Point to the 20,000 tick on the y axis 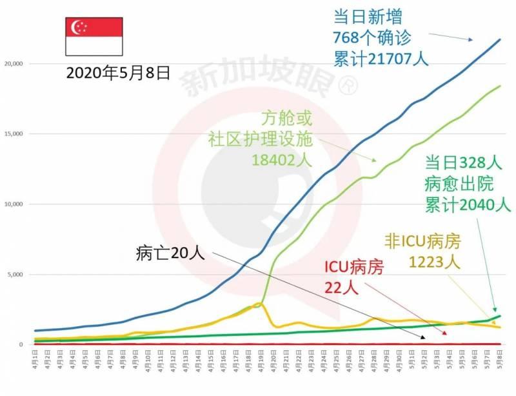pyautogui.click(x=13, y=64)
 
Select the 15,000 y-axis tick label pyautogui.click(x=13, y=134)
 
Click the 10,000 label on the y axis pyautogui.click(x=13, y=204)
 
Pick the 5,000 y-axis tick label pyautogui.click(x=14, y=275)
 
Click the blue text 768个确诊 pyautogui.click(x=373, y=37)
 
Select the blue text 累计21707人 pyautogui.click(x=381, y=59)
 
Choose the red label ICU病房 pyautogui.click(x=353, y=266)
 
